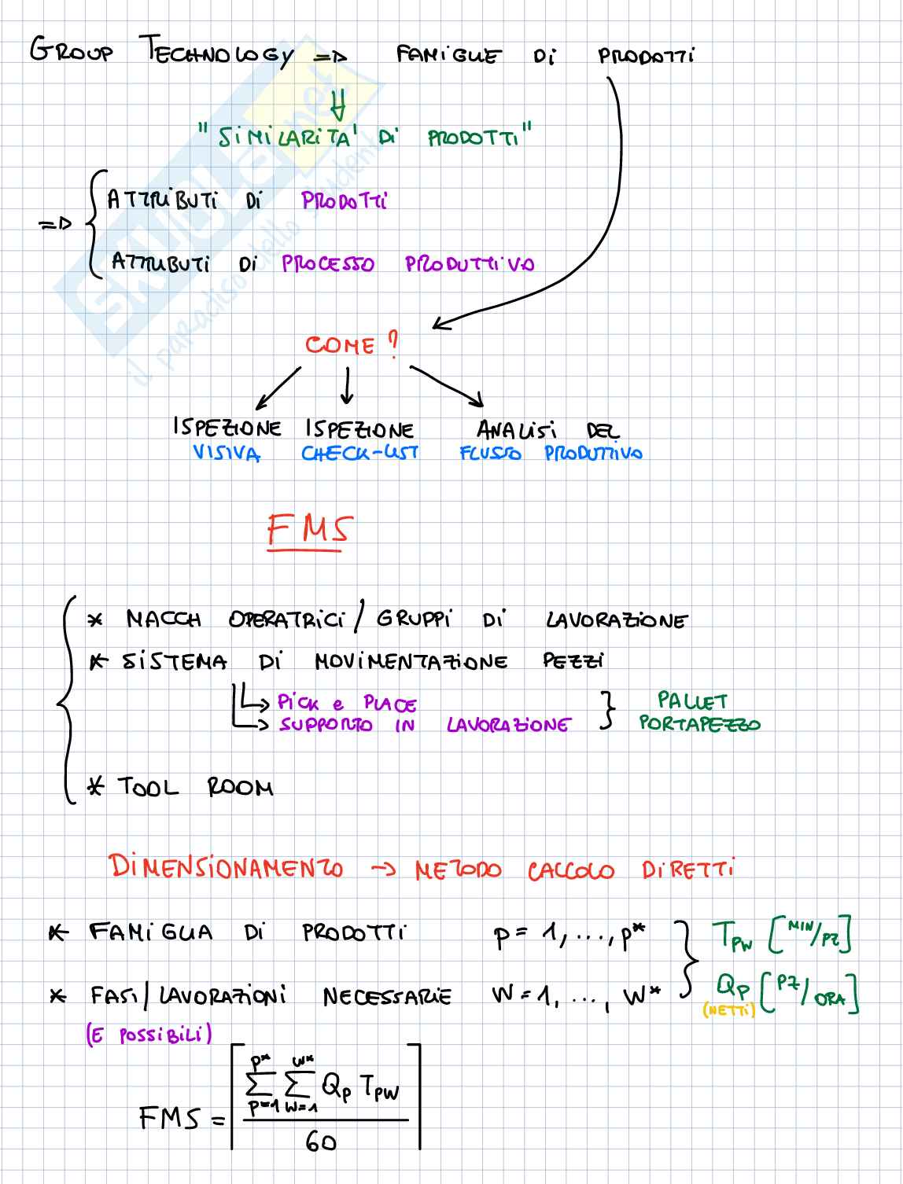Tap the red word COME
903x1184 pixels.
(340, 345)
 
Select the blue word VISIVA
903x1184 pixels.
(227, 454)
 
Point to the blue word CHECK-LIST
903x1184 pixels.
(359, 453)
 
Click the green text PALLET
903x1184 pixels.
(692, 700)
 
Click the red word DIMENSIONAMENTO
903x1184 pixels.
(227, 867)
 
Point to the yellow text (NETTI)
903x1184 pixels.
(728, 1011)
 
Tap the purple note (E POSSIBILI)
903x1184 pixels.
(149, 1035)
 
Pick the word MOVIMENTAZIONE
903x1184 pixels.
(411, 661)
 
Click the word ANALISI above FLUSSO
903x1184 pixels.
(517, 430)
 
